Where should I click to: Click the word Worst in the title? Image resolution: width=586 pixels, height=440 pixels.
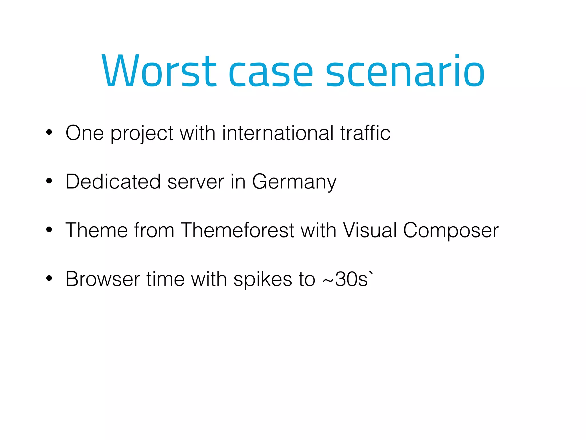pyautogui.click(x=159, y=71)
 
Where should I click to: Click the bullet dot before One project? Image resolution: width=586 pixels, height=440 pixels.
pyautogui.click(x=49, y=133)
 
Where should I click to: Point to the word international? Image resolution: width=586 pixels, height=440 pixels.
pyautogui.click(x=278, y=133)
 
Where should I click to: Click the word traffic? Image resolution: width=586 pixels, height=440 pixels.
pyautogui.click(x=365, y=133)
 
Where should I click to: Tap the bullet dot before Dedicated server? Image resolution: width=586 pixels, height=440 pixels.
pyautogui.click(x=49, y=181)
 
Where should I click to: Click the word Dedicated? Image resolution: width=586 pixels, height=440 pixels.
pyautogui.click(x=113, y=182)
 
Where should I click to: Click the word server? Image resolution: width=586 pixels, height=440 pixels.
pyautogui.click(x=195, y=182)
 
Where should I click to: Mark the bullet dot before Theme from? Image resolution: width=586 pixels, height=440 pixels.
pyautogui.click(x=49, y=230)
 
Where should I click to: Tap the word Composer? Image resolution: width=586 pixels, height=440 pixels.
pyautogui.click(x=451, y=231)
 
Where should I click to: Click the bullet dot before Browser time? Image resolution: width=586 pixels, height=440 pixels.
pyautogui.click(x=49, y=278)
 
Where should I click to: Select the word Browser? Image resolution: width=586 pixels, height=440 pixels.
pyautogui.click(x=102, y=279)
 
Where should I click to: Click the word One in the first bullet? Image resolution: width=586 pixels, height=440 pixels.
pyautogui.click(x=84, y=133)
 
